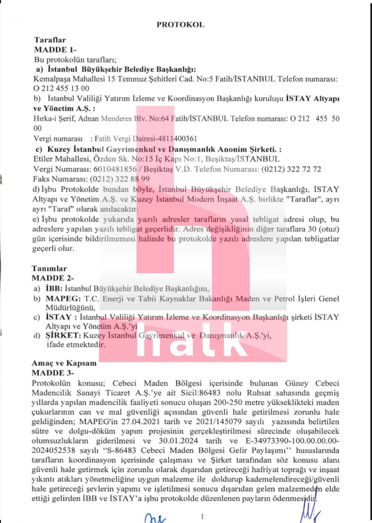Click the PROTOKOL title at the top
tap(180, 25)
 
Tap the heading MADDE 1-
tap(55, 50)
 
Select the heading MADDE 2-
tap(53, 278)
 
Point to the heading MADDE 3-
tap(53, 373)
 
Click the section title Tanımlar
tap(49, 269)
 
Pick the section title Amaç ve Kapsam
tap(64, 363)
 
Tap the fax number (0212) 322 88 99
tap(120, 179)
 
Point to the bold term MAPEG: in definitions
tap(63, 298)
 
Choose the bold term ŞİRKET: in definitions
tap(63, 335)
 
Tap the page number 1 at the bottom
tap(202, 516)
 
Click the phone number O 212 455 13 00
tap(61, 88)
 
